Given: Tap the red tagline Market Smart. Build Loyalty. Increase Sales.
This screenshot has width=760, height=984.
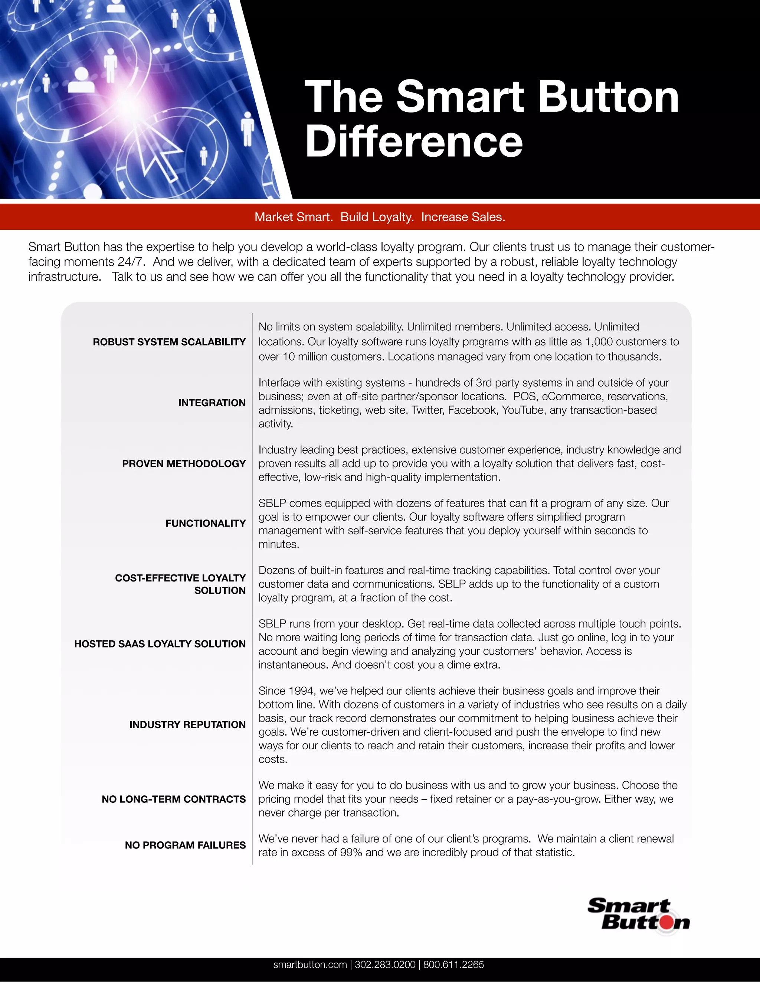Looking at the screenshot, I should click(380, 217).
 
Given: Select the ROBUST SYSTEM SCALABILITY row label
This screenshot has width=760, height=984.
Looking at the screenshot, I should click(169, 342).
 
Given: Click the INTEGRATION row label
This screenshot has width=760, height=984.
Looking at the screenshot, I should click(212, 403).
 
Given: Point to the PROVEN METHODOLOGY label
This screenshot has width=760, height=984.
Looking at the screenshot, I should click(184, 464).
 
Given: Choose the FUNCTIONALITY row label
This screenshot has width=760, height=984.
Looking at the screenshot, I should click(205, 524).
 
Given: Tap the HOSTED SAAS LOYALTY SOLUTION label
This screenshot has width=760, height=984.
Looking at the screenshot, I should click(160, 644).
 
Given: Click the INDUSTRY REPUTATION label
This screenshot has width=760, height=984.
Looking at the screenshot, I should click(187, 724).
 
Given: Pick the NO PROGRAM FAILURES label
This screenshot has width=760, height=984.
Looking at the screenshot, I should click(185, 845).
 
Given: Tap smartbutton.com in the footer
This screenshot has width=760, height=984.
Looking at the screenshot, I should click(310, 965).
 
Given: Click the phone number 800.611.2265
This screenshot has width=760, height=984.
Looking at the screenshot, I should click(453, 965).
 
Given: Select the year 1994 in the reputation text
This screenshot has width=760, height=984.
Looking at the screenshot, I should click(301, 691).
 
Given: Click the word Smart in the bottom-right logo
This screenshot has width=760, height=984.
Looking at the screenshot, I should click(629, 906).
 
